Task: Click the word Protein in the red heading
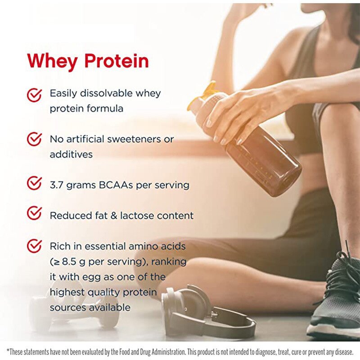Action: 116,61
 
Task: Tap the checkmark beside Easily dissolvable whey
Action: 34,94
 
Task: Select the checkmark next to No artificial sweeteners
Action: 34,139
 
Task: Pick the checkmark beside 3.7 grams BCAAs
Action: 34,183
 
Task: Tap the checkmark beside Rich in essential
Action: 34,246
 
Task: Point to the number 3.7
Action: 58,185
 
